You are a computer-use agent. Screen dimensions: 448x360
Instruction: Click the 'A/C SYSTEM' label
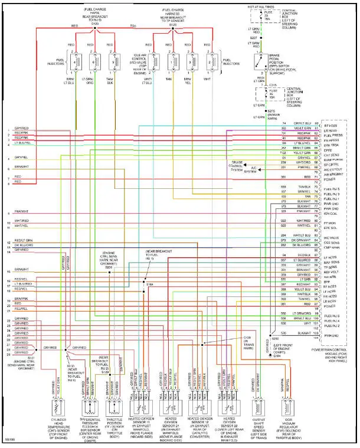click(250, 171)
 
